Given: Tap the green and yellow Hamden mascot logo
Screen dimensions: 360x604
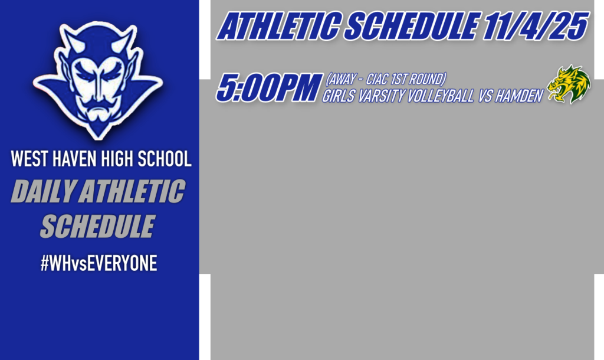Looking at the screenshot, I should click(x=568, y=84).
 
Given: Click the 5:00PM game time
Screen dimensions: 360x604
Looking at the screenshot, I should click(x=267, y=89).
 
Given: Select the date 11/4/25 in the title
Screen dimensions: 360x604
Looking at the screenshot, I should click(x=534, y=26).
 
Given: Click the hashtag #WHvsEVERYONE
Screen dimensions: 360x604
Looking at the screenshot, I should click(x=99, y=263).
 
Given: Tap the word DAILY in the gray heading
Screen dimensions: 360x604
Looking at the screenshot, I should click(x=41, y=192).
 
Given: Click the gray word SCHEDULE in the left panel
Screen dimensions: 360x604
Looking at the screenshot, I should click(x=97, y=226).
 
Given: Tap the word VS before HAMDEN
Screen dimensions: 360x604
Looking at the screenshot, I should click(x=485, y=97).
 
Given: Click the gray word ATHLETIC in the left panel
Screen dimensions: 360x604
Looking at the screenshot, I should click(x=130, y=192).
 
